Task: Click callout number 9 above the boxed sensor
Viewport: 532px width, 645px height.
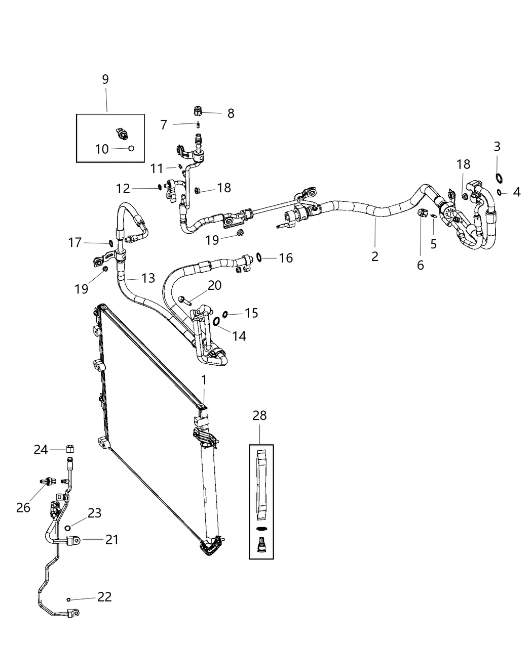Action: tap(105, 79)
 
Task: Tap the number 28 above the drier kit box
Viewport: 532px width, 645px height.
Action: tap(259, 415)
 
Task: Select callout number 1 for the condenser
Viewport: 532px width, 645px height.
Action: tap(204, 380)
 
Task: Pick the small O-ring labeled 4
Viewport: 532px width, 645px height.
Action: tap(499, 192)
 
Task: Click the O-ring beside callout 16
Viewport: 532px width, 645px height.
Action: tap(259, 257)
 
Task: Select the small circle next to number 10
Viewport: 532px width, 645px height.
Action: tap(131, 148)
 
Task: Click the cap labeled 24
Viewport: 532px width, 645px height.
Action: tap(71, 448)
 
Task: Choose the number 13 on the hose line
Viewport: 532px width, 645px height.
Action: tap(148, 278)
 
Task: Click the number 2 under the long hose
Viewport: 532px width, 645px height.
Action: tap(375, 256)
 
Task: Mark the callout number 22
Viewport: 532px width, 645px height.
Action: tap(104, 597)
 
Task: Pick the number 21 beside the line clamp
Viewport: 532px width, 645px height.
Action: tap(112, 540)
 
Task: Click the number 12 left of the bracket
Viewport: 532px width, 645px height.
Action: tap(123, 188)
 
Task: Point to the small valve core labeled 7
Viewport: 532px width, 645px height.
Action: tap(199, 124)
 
